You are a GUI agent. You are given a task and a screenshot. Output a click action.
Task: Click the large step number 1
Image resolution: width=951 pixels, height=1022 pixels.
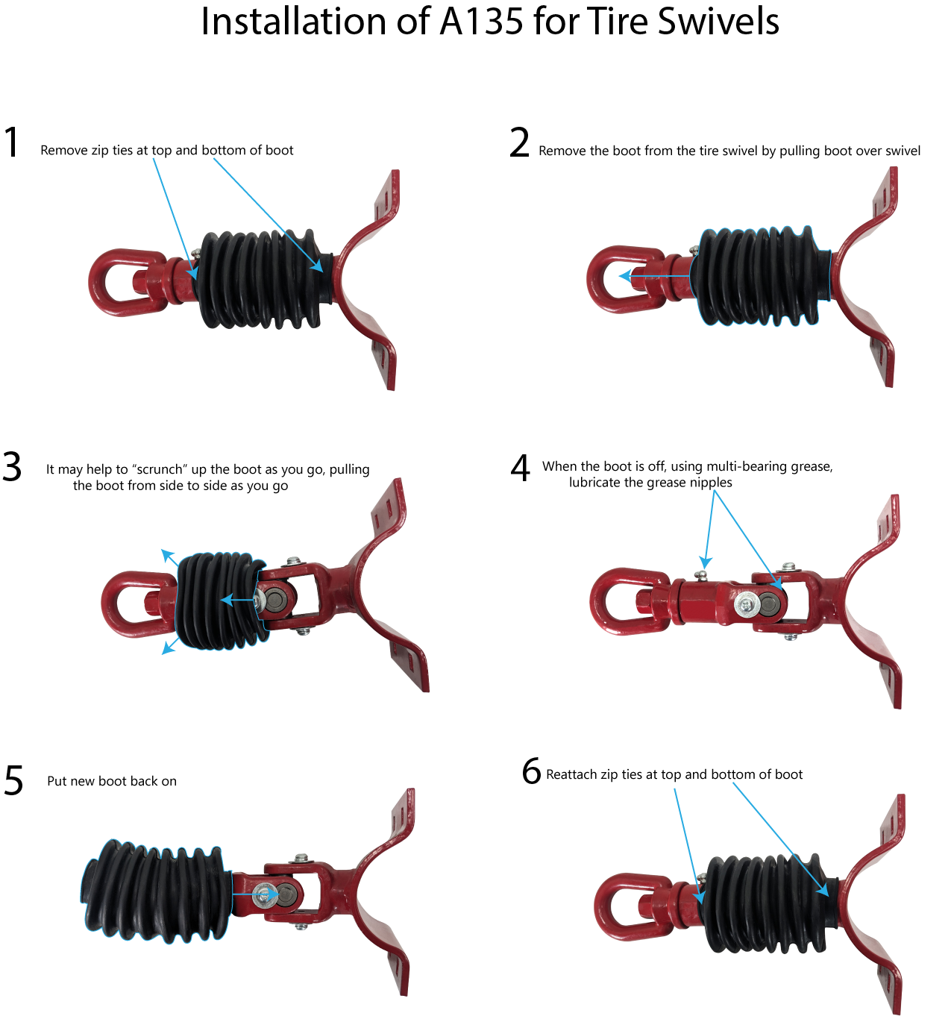(x=12, y=142)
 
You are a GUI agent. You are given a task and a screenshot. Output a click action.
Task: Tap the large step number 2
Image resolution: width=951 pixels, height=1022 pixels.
(x=520, y=142)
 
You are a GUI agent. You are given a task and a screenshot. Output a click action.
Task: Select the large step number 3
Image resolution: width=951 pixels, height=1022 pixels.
(x=12, y=467)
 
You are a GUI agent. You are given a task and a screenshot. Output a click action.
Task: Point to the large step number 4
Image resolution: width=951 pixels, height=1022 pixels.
(x=521, y=467)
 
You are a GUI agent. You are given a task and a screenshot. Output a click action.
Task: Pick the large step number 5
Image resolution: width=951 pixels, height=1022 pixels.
(x=14, y=780)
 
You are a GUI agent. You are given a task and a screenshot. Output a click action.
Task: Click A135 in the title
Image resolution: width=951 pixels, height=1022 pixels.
(x=481, y=22)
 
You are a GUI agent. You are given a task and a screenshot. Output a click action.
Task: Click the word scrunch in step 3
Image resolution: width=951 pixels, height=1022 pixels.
(x=160, y=470)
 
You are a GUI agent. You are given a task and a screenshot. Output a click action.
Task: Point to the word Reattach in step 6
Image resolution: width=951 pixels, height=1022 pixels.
(x=570, y=775)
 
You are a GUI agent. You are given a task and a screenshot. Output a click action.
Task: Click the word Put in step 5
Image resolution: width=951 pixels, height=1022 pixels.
(x=57, y=782)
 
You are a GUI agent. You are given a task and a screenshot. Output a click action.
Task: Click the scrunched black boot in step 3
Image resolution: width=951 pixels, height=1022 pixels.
(x=222, y=601)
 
